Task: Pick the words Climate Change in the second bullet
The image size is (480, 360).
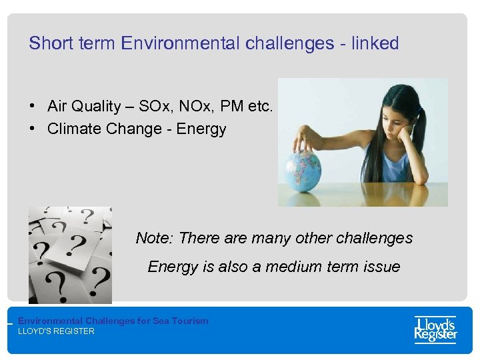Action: tap(95, 129)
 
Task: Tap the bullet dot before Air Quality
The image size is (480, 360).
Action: tap(32, 107)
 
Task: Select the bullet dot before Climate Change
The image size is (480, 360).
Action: tap(32, 129)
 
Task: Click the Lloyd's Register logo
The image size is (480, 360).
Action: tap(435, 329)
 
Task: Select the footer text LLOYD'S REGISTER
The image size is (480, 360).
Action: tap(56, 331)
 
